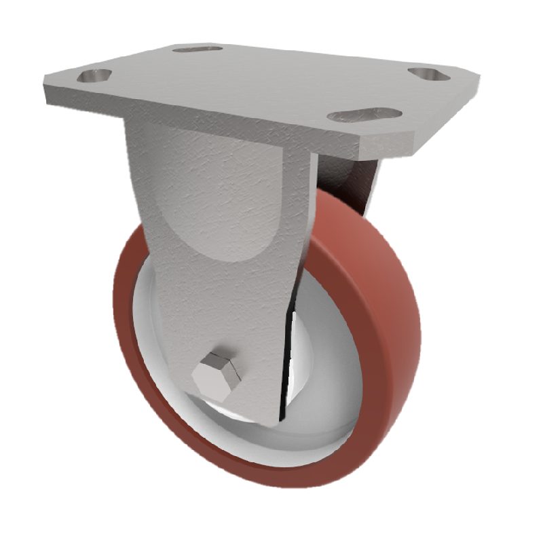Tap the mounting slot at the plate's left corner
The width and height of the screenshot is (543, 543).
tap(94, 75)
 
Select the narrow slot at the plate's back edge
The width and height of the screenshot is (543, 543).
tap(198, 49)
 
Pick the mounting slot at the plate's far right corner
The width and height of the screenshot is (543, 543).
tap(428, 73)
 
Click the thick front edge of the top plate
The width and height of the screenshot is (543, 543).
tap(204, 115)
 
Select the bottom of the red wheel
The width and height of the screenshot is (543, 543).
tap(271, 475)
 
